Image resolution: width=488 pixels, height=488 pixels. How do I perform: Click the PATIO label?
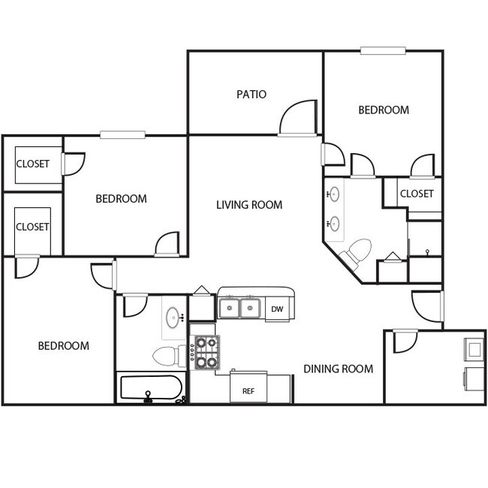252,95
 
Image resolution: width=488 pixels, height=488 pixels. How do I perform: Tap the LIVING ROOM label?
249,205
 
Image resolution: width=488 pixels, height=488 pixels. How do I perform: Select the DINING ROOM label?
338,369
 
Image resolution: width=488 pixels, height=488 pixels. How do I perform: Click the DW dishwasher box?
277,309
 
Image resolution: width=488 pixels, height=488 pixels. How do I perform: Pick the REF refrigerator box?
248,391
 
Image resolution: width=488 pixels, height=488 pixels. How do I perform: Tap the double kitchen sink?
239,308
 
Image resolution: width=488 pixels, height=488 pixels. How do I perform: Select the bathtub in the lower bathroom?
151,388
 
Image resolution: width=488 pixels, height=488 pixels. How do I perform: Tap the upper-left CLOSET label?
32,164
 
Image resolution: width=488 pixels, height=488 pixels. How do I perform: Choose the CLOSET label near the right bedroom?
417,194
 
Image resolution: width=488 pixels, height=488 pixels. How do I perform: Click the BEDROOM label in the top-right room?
384,110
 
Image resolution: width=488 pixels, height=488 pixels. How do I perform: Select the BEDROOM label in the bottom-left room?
64,346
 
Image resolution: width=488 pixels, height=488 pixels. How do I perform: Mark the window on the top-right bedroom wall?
383,51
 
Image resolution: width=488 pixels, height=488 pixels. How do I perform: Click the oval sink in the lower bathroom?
173,315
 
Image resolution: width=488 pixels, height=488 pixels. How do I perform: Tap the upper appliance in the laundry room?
474,348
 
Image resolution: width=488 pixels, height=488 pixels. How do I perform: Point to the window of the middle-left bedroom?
122,135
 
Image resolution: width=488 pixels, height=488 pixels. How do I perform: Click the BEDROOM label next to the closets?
121,199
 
